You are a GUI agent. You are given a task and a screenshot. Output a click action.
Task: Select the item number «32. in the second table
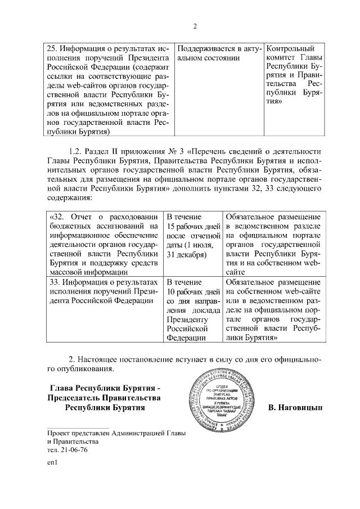pyautogui.click(x=56, y=218)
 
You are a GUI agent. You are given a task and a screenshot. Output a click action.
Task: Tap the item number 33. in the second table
pyautogui.click(x=54, y=282)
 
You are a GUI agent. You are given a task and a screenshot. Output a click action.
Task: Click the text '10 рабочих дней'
pyautogui.click(x=192, y=292)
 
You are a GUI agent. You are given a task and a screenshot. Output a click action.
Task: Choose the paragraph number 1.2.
pyautogui.click(x=75, y=151)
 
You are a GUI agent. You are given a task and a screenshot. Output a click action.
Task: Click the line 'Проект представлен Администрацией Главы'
pyautogui.click(x=116, y=433)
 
